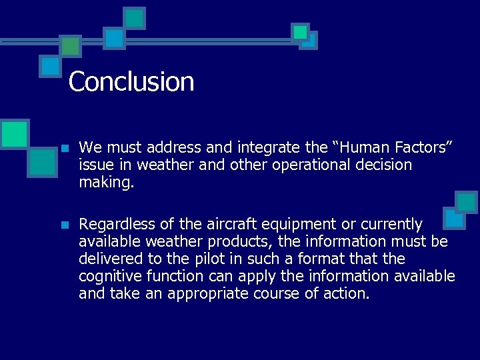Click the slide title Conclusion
click(x=131, y=82)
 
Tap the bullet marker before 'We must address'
click(x=64, y=147)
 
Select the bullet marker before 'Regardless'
click(x=64, y=225)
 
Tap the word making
click(x=106, y=183)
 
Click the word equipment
click(x=287, y=224)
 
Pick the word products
click(x=250, y=241)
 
